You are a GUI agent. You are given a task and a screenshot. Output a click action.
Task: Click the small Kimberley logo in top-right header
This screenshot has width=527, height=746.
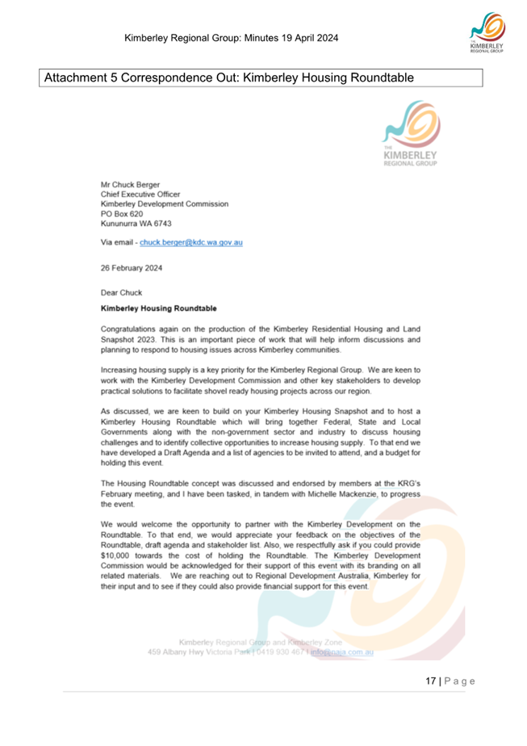tap(486, 36)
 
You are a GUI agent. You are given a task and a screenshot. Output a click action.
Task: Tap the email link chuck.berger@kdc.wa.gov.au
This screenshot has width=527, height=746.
tap(191, 242)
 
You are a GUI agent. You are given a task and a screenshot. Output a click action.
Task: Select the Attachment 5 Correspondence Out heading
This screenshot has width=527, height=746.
tap(229, 78)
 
